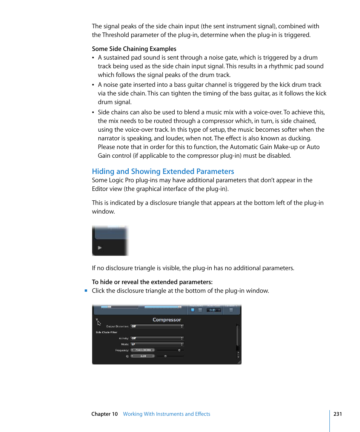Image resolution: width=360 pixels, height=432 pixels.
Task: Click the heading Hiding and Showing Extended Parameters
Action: (x=163, y=171)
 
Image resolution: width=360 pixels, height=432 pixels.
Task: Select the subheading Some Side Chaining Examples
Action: (x=134, y=49)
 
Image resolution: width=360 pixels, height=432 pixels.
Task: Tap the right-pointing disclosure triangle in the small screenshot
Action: (x=100, y=248)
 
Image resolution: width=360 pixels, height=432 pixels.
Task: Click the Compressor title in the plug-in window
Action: (x=166, y=320)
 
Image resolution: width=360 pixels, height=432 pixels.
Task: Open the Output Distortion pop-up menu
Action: (x=157, y=326)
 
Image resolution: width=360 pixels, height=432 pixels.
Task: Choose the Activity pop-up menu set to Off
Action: (x=157, y=338)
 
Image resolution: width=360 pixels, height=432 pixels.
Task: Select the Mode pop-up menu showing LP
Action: (x=157, y=344)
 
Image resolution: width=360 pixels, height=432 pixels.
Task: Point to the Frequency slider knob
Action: (x=179, y=350)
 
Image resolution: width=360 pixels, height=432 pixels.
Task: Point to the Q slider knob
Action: (x=165, y=356)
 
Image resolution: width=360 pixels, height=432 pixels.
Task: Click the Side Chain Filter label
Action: (x=106, y=332)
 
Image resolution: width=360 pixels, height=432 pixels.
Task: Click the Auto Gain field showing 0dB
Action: (x=213, y=310)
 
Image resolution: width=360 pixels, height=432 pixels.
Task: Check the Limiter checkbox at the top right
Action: (x=231, y=310)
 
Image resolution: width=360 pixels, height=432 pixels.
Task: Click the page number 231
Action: (x=337, y=414)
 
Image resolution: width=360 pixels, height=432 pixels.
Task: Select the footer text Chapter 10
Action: (x=105, y=414)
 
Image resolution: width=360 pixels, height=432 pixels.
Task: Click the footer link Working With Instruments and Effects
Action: (x=166, y=414)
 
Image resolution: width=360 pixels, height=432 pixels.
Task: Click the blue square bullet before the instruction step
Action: (x=86, y=291)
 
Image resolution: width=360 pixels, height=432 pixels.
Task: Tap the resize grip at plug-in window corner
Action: (x=239, y=362)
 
